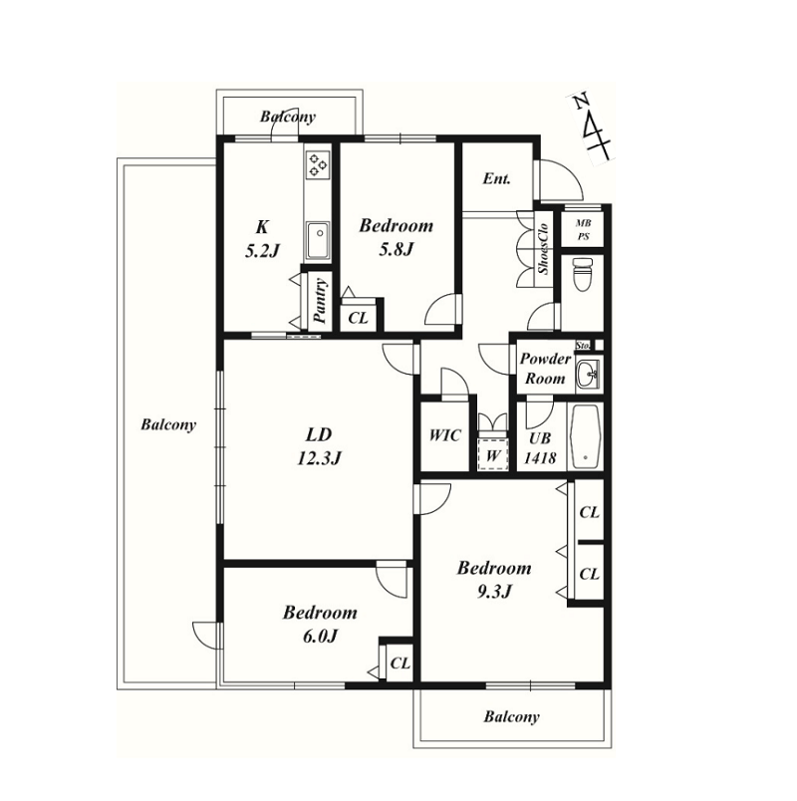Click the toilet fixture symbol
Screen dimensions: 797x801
coord(582,274)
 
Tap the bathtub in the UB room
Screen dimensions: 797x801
coord(585,436)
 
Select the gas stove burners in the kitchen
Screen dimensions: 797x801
coord(317,165)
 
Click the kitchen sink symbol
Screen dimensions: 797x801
coord(318,241)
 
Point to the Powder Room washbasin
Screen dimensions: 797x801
coord(588,375)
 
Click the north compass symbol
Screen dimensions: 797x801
coord(592,129)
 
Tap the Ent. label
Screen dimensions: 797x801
coord(496,178)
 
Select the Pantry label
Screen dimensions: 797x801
coord(320,301)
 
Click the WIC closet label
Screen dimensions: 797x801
coord(444,435)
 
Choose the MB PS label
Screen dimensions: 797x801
coord(583,230)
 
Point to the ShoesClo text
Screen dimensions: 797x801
coord(543,249)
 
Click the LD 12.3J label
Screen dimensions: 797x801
coord(319,446)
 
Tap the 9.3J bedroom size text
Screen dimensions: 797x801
coord(494,592)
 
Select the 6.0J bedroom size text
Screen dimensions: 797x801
coord(320,636)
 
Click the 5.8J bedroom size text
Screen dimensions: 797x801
coord(396,250)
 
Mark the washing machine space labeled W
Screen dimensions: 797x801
coord(492,453)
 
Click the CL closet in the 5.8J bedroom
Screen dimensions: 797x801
coord(358,318)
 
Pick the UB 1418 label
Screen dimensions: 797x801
coord(540,448)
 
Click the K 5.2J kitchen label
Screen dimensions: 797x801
coord(263,238)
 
